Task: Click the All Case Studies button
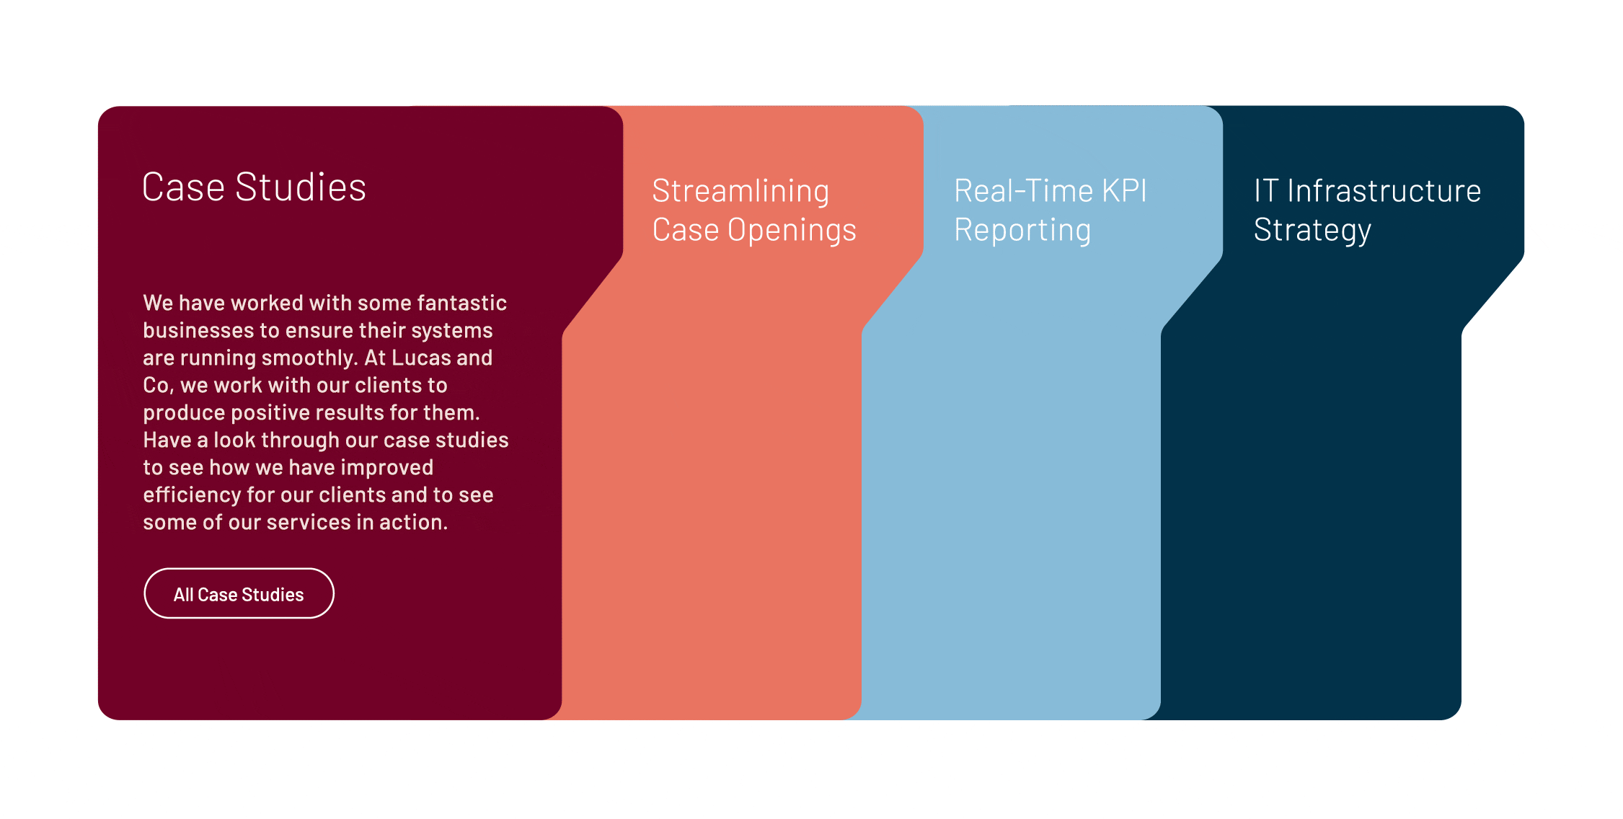pos(239,593)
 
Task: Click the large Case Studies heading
pos(254,187)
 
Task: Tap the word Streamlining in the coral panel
pos(740,191)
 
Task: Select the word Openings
pos(792,231)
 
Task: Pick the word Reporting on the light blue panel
pos(1022,231)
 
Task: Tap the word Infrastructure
pos(1384,191)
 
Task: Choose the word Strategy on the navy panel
pos(1312,231)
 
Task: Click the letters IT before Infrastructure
pos(1266,191)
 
